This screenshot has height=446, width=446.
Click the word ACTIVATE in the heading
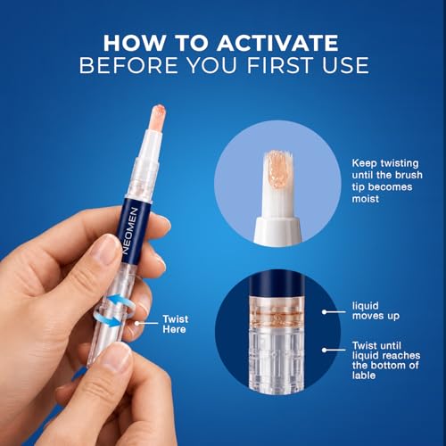277,43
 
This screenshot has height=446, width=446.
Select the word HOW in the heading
133,43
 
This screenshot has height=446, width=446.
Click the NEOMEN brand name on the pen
130,231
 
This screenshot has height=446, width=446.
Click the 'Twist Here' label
175,324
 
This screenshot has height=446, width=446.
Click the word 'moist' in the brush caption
366,199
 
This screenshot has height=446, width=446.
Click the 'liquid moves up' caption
376,310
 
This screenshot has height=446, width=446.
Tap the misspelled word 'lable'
364,376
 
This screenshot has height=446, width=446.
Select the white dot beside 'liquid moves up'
325,312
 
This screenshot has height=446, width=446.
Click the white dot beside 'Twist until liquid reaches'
325,350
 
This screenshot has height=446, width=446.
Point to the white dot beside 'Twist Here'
136,323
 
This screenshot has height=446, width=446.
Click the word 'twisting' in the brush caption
400,163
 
